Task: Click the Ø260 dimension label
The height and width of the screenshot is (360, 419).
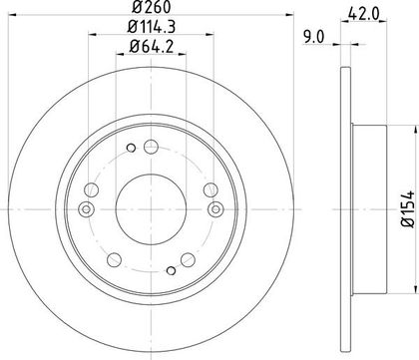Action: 151,7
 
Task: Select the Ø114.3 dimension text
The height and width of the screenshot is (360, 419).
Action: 151,27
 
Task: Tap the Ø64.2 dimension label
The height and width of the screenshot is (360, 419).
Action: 151,47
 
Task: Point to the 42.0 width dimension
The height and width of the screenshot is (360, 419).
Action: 363,14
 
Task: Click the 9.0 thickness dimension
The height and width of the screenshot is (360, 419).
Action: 313,37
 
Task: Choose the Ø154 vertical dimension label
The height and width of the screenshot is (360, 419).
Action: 408,209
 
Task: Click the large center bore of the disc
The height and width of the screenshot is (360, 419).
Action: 151,209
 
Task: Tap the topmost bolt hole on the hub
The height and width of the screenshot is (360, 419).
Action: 151,147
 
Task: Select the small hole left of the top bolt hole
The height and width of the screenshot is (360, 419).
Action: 132,148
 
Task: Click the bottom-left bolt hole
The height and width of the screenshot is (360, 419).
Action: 114,259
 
